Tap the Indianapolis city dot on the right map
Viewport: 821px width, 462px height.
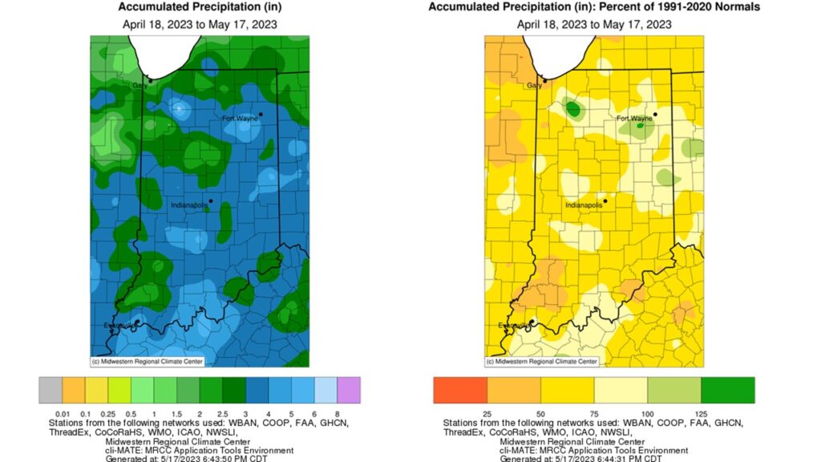605,201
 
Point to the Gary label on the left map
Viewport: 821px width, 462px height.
140,85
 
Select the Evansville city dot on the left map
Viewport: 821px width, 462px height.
137,322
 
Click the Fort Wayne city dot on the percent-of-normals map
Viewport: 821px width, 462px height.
655,114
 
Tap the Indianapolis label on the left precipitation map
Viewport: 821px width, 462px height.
189,205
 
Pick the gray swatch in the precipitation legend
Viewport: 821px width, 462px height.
50,390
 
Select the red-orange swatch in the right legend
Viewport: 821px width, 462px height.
460,390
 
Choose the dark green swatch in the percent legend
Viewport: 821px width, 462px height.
727,390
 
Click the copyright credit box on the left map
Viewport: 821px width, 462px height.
147,362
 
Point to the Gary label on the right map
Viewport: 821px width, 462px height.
535,85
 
